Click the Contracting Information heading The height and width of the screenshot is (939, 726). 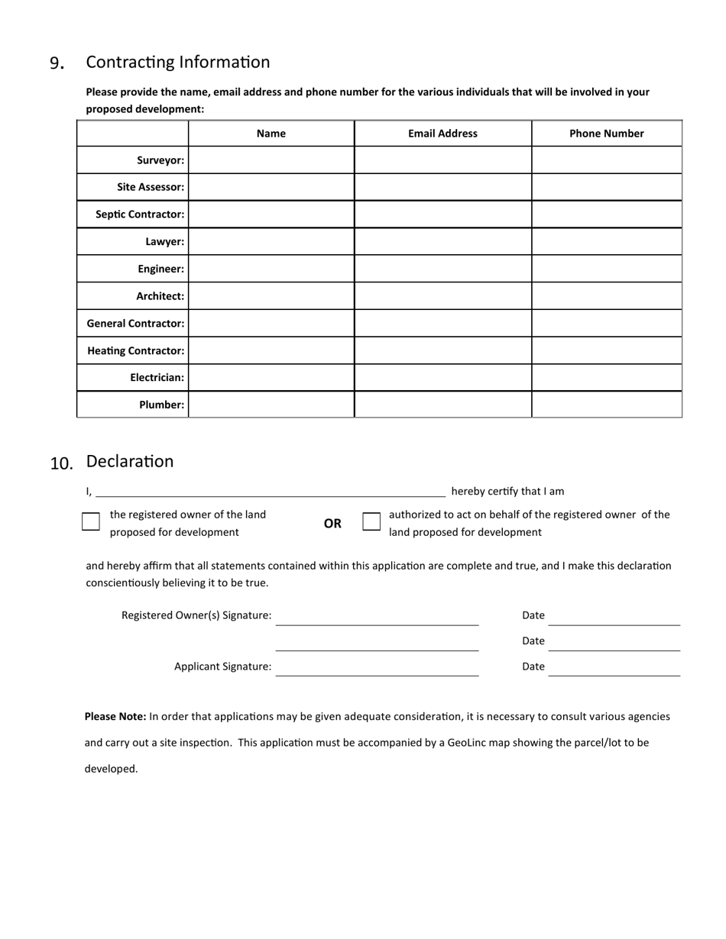click(177, 62)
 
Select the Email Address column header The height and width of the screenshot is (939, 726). click(442, 133)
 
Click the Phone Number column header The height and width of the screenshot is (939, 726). click(606, 133)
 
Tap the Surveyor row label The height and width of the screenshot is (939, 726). click(160, 160)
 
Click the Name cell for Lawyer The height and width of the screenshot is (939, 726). click(271, 241)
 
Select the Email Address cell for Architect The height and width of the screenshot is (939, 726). click(442, 296)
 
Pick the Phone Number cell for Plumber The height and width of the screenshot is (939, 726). click(606, 405)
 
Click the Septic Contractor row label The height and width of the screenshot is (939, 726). click(140, 215)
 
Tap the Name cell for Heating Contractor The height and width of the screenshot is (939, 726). click(271, 350)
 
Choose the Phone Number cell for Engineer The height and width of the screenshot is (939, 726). click(606, 269)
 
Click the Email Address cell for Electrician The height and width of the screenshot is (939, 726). click(442, 377)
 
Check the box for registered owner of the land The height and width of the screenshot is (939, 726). click(91, 521)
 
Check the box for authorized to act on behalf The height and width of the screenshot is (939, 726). click(371, 521)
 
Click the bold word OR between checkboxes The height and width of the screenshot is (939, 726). click(332, 524)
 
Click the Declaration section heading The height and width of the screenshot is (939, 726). click(129, 461)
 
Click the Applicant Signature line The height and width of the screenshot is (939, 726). click(377, 668)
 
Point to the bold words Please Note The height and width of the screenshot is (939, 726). click(115, 717)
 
